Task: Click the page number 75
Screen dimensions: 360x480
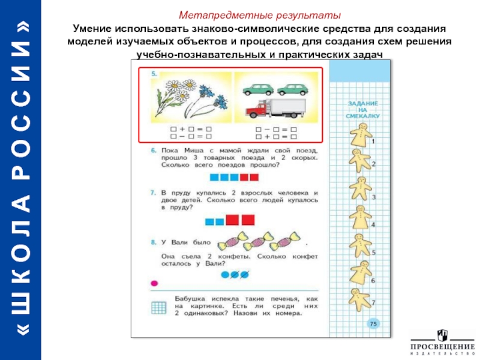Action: pos(373,324)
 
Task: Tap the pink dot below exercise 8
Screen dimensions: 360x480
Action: pos(155,283)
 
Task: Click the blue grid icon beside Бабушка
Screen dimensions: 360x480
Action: pos(159,308)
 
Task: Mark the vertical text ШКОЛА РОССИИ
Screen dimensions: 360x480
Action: pos(21,180)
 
